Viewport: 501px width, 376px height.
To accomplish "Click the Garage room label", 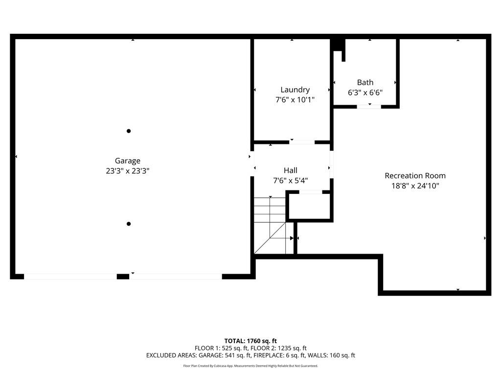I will [128, 161].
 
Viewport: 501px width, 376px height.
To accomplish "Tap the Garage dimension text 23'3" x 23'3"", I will [128, 171].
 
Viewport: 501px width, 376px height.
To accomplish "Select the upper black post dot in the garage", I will [129, 131].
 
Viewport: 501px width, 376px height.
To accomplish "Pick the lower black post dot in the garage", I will [129, 224].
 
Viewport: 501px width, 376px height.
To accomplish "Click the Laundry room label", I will [295, 90].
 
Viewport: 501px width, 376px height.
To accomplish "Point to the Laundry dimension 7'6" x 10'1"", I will [295, 100].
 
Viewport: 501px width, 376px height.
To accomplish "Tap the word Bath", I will [365, 82].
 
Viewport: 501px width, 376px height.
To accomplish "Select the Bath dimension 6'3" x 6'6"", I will [365, 93].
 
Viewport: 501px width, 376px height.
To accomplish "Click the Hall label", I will [291, 170].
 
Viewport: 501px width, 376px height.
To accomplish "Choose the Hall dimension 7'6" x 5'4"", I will [291, 181].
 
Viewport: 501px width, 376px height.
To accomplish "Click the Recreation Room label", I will [415, 175].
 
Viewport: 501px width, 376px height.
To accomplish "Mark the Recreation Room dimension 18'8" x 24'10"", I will [415, 186].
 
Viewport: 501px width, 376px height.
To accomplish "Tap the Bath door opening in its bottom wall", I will [369, 106].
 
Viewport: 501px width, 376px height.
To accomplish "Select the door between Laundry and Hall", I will [302, 142].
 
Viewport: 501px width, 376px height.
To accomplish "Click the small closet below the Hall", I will [310, 207].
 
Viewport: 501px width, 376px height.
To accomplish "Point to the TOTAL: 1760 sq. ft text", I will [250, 341].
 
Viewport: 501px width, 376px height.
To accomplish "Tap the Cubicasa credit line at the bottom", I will [250, 366].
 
